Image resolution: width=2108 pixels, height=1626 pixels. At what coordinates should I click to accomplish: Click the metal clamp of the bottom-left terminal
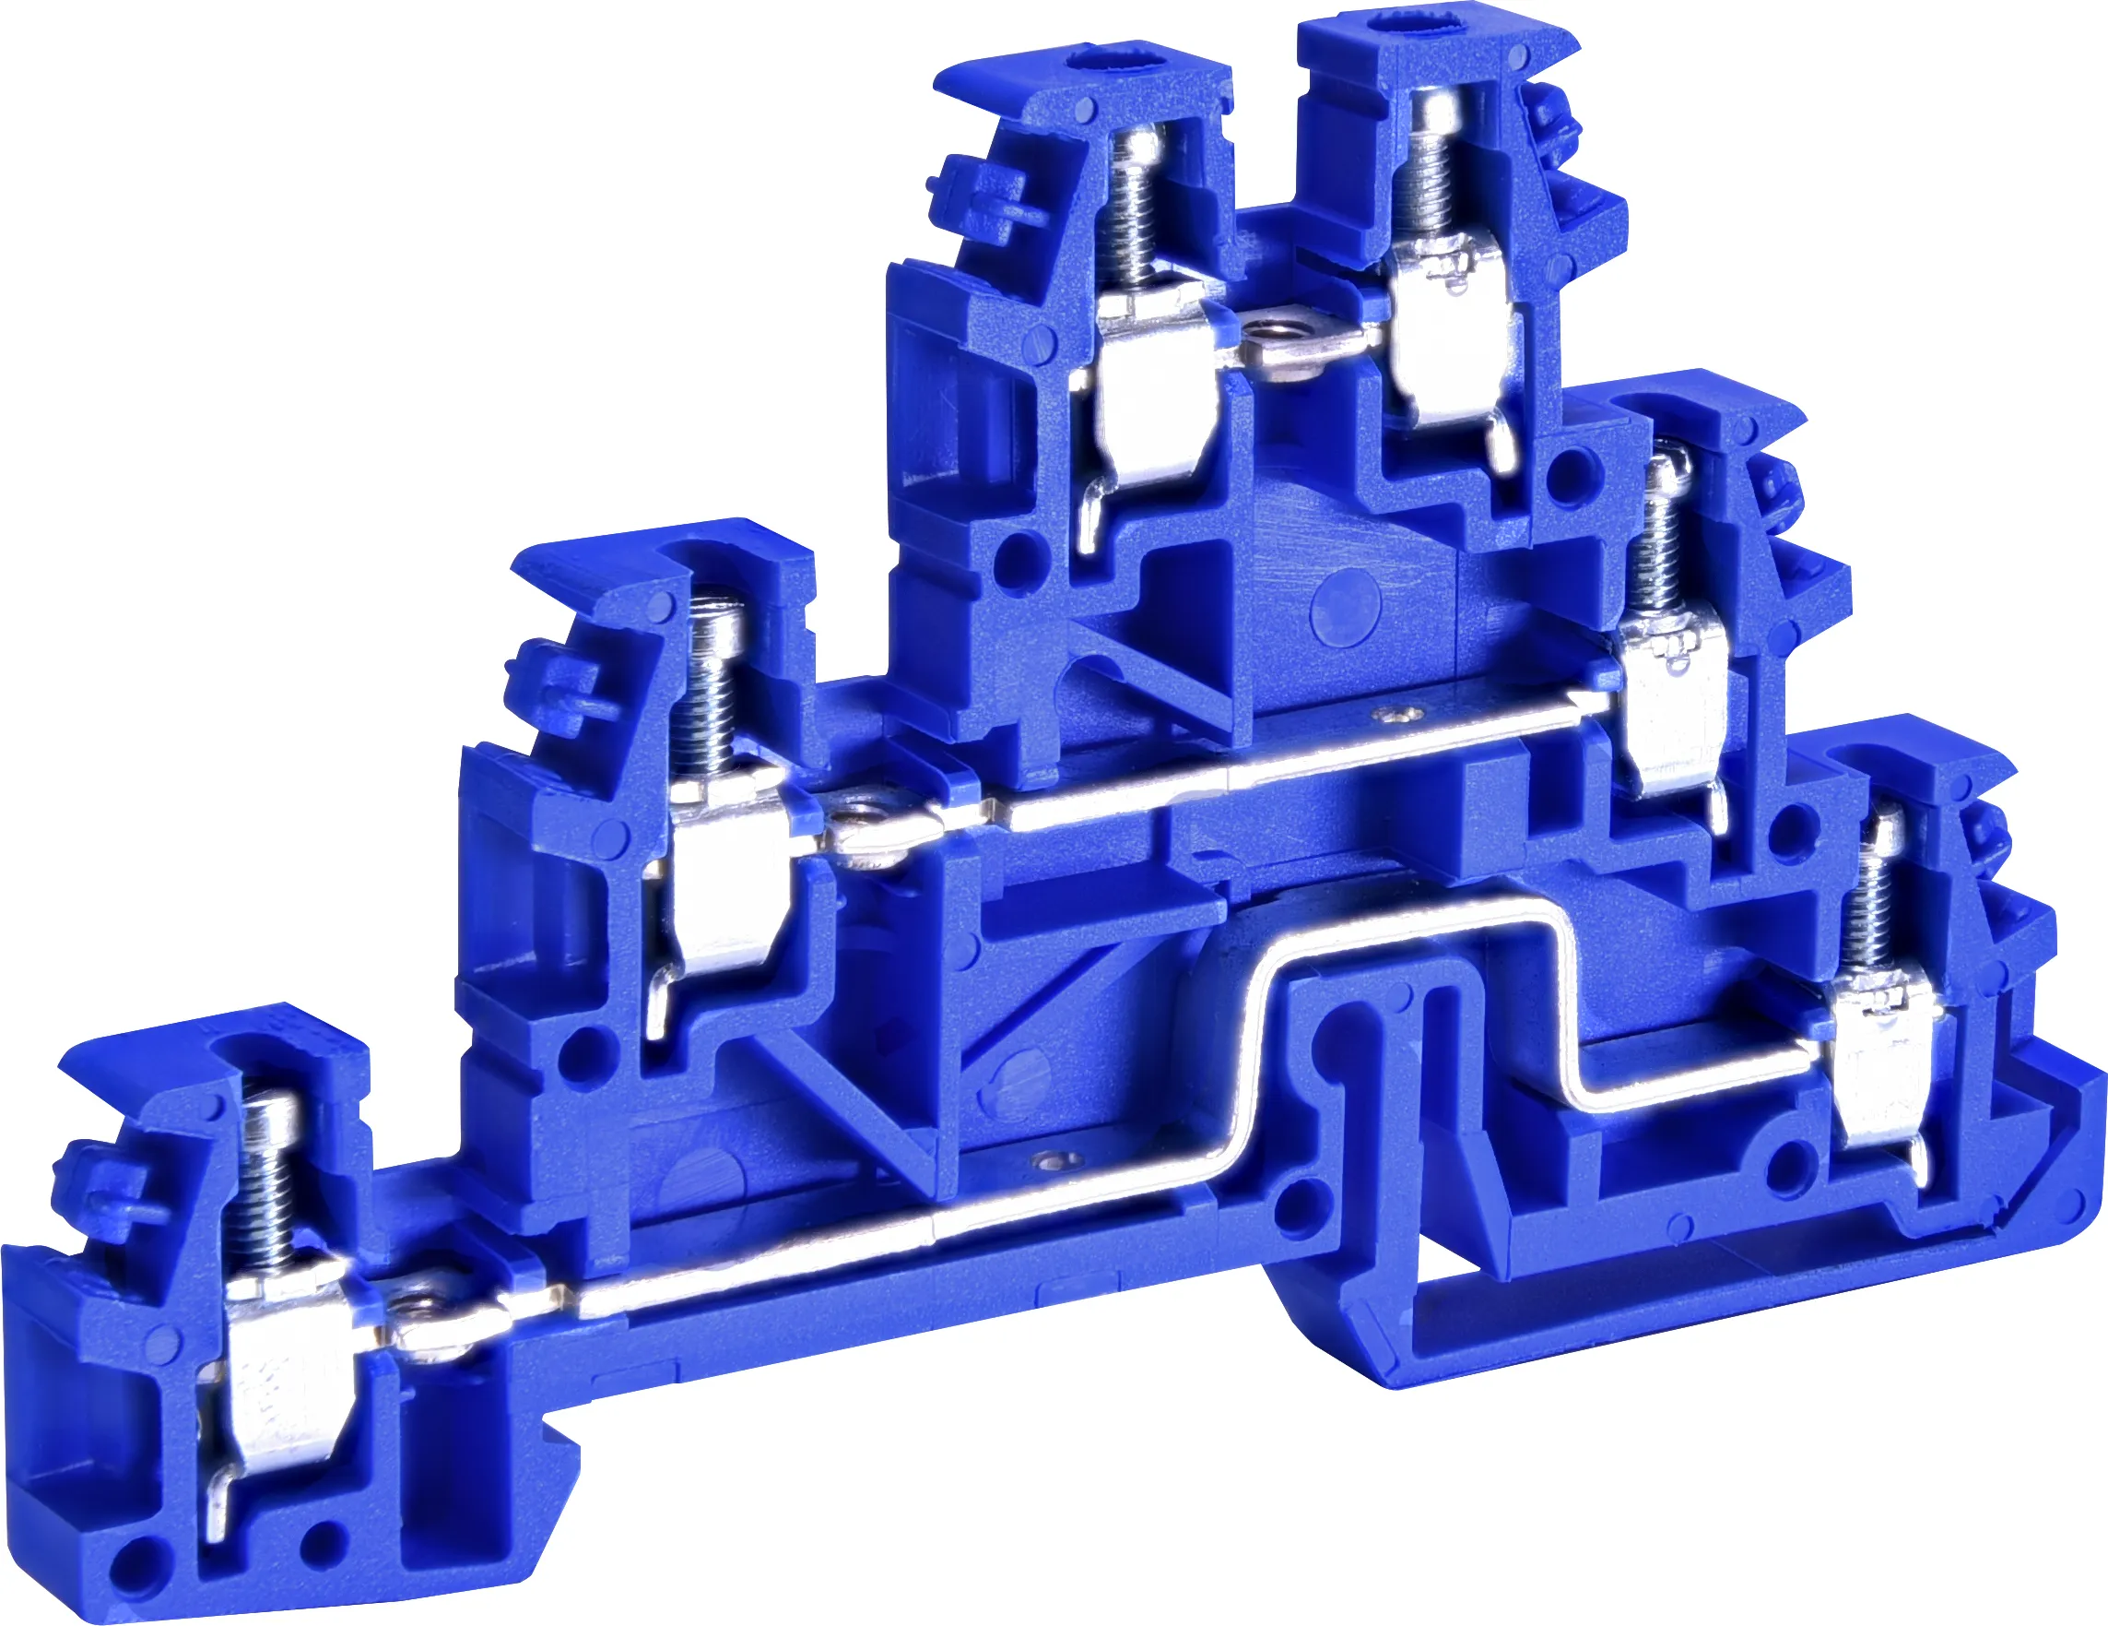click(x=280, y=1371)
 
